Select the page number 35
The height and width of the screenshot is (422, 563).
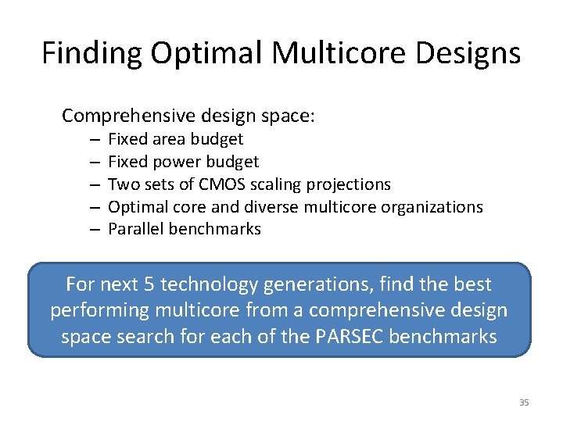524,402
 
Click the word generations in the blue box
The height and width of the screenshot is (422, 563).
344,284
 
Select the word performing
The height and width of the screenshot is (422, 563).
99,310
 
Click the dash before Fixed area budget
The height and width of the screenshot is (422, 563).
93,139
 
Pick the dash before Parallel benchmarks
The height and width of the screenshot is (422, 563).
93,229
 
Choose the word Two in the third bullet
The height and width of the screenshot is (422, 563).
121,184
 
